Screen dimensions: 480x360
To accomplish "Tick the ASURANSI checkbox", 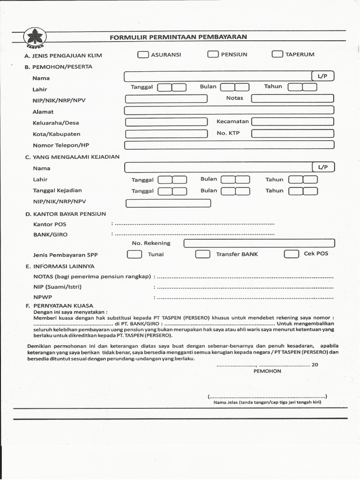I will pyautogui.click(x=142, y=54).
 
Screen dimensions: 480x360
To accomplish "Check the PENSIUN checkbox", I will pyautogui.click(x=213, y=54).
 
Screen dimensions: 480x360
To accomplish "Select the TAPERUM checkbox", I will pyautogui.click(x=277, y=54).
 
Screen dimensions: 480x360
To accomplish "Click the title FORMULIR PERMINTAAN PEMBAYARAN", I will pyautogui.click(x=178, y=37).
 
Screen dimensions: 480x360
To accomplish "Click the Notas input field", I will pyautogui.click(x=292, y=98).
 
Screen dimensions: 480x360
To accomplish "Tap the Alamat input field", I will pyautogui.click(x=229, y=111).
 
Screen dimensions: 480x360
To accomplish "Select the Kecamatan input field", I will pyautogui.click(x=292, y=122).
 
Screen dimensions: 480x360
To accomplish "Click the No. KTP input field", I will pyautogui.click(x=292, y=134).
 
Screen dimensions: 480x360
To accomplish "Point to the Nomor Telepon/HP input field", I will pyautogui.click(x=229, y=145).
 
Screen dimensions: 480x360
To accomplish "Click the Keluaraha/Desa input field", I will pyautogui.click(x=166, y=122).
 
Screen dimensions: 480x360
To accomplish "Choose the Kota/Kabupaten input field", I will pyautogui.click(x=166, y=134).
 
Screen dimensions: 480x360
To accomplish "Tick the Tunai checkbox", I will pyautogui.click(x=135, y=254).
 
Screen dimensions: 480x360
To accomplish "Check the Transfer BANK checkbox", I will pyautogui.click(x=202, y=254).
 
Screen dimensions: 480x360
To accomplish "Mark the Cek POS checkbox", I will pyautogui.click(x=291, y=254).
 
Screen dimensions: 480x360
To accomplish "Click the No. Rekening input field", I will pyautogui.click(x=259, y=243).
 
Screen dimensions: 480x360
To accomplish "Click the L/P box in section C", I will pyautogui.click(x=323, y=167).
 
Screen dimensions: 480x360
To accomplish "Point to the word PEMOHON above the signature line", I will pyautogui.click(x=267, y=371).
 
